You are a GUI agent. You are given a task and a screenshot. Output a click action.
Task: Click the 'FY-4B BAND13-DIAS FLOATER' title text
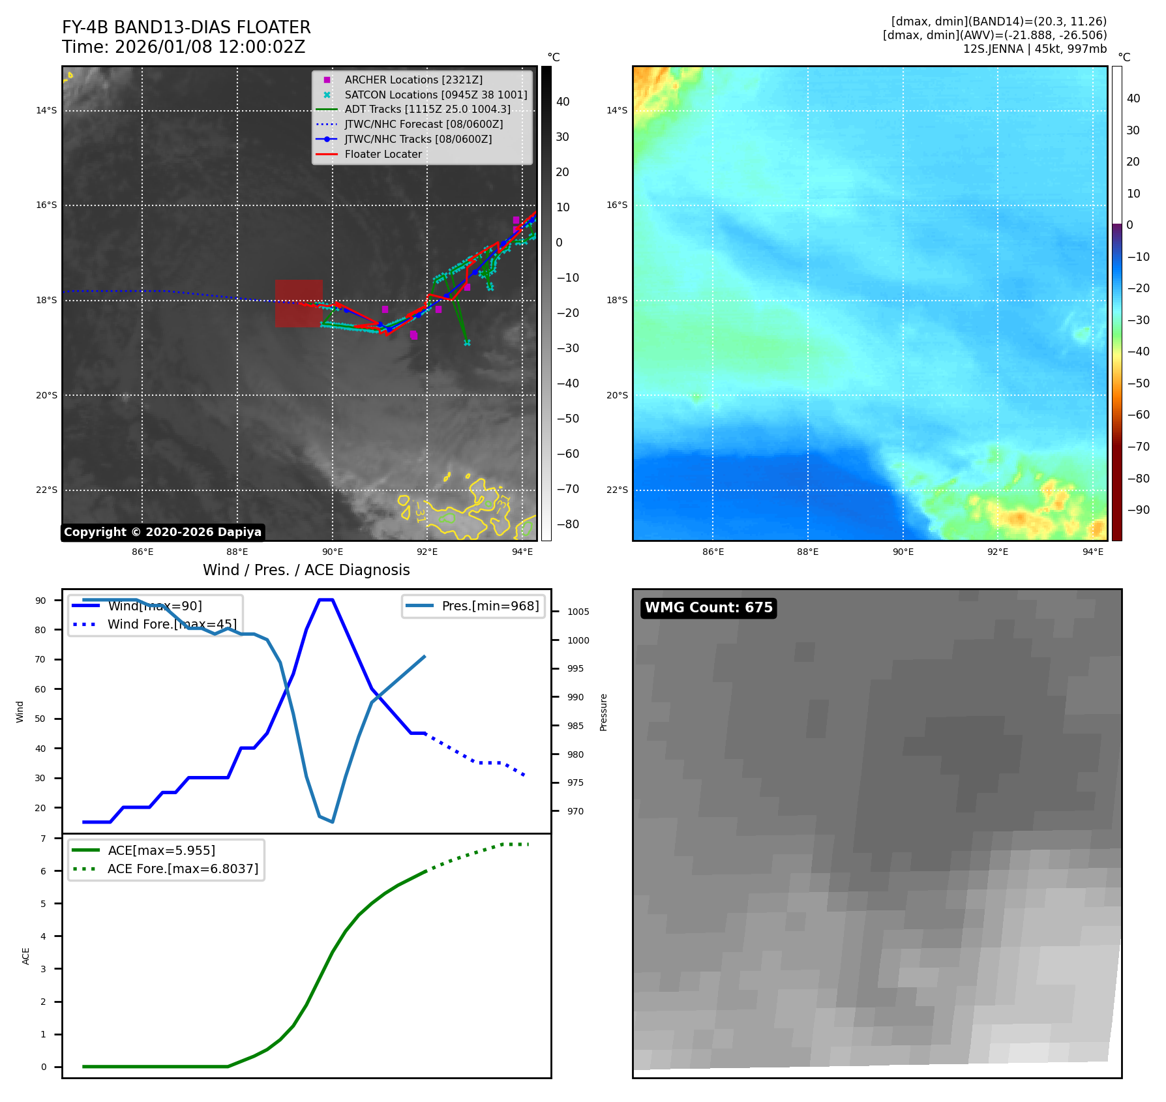pyautogui.click(x=186, y=27)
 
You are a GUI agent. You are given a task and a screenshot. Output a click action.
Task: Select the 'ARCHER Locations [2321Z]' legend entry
pyautogui.click(x=413, y=80)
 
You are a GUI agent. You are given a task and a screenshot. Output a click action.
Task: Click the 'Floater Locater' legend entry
pyautogui.click(x=383, y=154)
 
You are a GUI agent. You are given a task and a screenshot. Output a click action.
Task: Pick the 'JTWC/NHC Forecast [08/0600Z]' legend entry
pyautogui.click(x=423, y=124)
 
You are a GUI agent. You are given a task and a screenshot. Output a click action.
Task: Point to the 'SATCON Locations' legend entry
pyautogui.click(x=436, y=95)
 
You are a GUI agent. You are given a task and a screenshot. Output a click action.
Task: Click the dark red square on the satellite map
pyautogui.click(x=299, y=303)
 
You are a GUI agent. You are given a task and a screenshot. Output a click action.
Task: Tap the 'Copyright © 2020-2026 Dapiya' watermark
pyautogui.click(x=162, y=532)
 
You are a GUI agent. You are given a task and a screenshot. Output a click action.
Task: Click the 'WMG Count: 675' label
pyautogui.click(x=708, y=608)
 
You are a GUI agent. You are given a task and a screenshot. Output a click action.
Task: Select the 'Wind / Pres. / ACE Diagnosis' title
pyautogui.click(x=306, y=570)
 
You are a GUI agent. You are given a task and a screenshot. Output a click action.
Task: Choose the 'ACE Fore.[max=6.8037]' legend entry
pyautogui.click(x=183, y=869)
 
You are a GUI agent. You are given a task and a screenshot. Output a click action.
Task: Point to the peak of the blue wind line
pyautogui.click(x=325, y=600)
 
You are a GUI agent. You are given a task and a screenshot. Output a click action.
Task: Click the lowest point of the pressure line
pyautogui.click(x=333, y=822)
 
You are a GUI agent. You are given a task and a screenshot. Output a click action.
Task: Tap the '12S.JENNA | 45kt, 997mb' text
pyautogui.click(x=1034, y=49)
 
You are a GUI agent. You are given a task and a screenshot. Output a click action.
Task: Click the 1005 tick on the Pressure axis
pyautogui.click(x=578, y=612)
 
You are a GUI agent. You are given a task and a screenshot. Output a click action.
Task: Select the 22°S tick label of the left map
pyautogui.click(x=46, y=490)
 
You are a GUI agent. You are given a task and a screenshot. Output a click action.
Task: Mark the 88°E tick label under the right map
pyautogui.click(x=807, y=552)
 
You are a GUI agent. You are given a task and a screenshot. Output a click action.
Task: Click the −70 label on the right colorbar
pyautogui.click(x=1137, y=447)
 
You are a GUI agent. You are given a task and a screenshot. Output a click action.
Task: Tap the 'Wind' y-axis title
pyautogui.click(x=20, y=711)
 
